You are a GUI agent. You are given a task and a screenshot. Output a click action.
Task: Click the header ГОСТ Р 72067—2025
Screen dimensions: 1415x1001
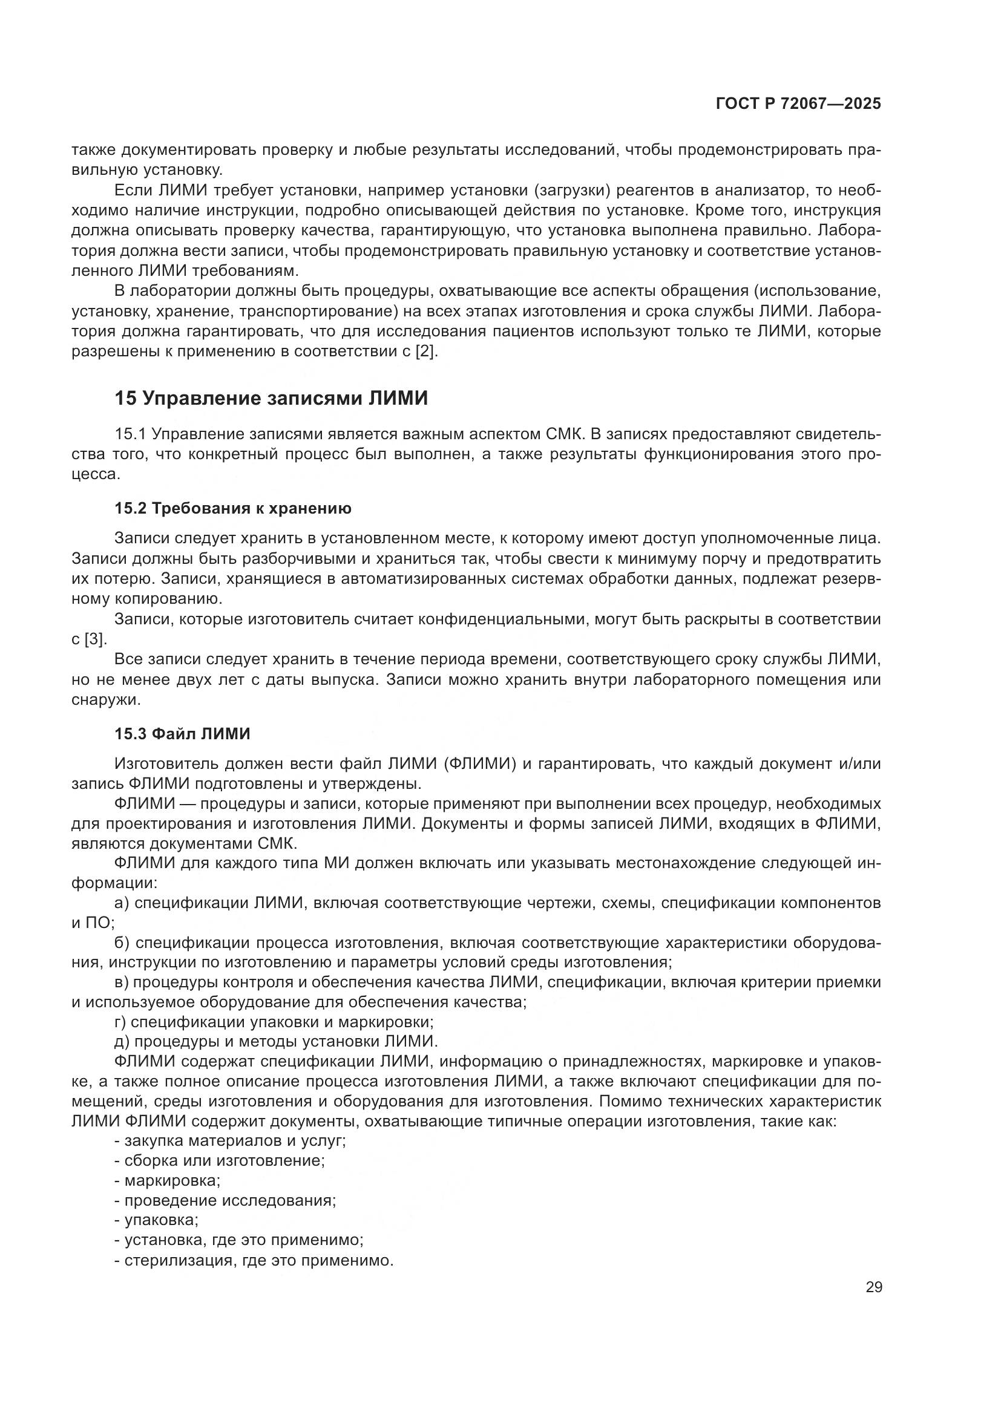coord(798,103)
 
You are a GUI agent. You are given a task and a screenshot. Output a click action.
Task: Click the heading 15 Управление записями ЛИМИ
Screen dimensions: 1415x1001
coord(271,399)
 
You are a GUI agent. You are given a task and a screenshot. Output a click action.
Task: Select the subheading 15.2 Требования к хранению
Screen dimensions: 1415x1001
coord(233,508)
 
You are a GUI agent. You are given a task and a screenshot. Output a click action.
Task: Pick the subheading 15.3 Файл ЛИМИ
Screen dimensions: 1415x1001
coord(182,734)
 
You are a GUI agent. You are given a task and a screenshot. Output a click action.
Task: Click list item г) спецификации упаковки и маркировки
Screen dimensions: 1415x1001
coord(274,1022)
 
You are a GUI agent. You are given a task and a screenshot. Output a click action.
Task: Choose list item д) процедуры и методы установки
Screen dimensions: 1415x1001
coord(276,1042)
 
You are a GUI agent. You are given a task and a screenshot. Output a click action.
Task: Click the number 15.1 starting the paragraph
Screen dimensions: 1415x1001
coord(130,434)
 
